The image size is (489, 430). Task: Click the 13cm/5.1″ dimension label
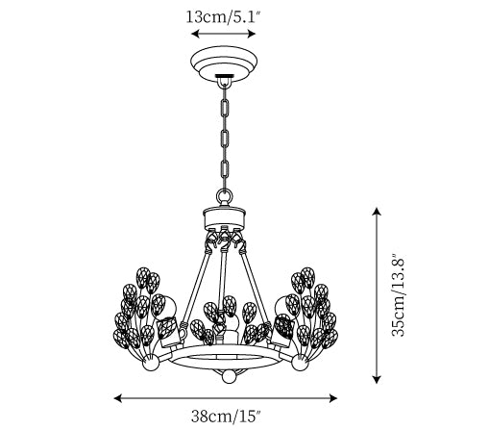pos(222,16)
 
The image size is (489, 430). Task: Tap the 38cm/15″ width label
pos(226,416)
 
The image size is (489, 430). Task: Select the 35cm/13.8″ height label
pos(399,295)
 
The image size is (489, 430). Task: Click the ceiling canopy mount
pos(224,64)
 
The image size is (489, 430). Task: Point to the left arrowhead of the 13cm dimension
pos(195,34)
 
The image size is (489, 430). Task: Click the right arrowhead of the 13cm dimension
pos(251,34)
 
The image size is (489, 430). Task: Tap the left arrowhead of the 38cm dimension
pos(118,398)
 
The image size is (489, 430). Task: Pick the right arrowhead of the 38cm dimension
pos(333,398)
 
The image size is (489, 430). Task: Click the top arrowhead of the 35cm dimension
pos(377,212)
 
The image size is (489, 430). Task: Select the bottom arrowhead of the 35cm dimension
pos(377,379)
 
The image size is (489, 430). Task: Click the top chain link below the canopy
pos(225,109)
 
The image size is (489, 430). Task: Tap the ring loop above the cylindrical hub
pos(224,195)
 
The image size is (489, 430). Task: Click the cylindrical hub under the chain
pos(224,218)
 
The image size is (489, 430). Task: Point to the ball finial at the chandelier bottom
pos(229,376)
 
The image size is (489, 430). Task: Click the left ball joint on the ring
pos(151,363)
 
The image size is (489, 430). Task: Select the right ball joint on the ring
pos(300,363)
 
